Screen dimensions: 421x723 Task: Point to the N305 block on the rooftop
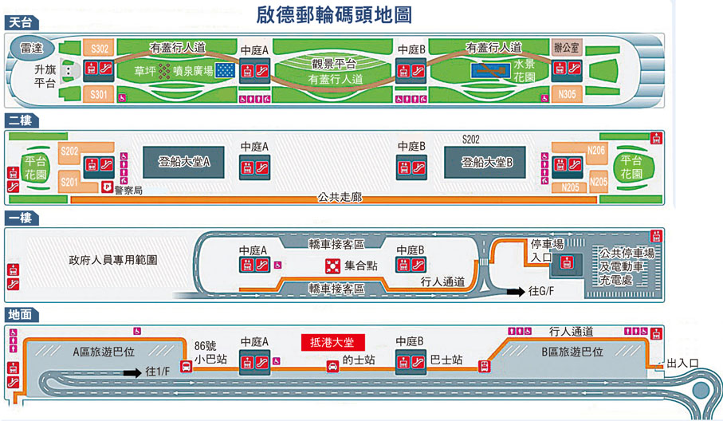point(567,95)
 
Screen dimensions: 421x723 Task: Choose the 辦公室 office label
point(568,48)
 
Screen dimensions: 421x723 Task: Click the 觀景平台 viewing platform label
point(334,64)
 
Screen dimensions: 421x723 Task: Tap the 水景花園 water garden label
point(524,70)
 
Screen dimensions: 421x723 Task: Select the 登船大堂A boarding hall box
point(183,162)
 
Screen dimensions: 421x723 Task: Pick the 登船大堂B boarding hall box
point(486,162)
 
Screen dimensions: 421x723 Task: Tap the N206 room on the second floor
point(595,150)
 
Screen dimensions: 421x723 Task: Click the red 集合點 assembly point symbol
point(332,265)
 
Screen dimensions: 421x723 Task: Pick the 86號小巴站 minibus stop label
point(210,353)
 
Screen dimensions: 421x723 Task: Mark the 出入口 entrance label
point(682,364)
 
